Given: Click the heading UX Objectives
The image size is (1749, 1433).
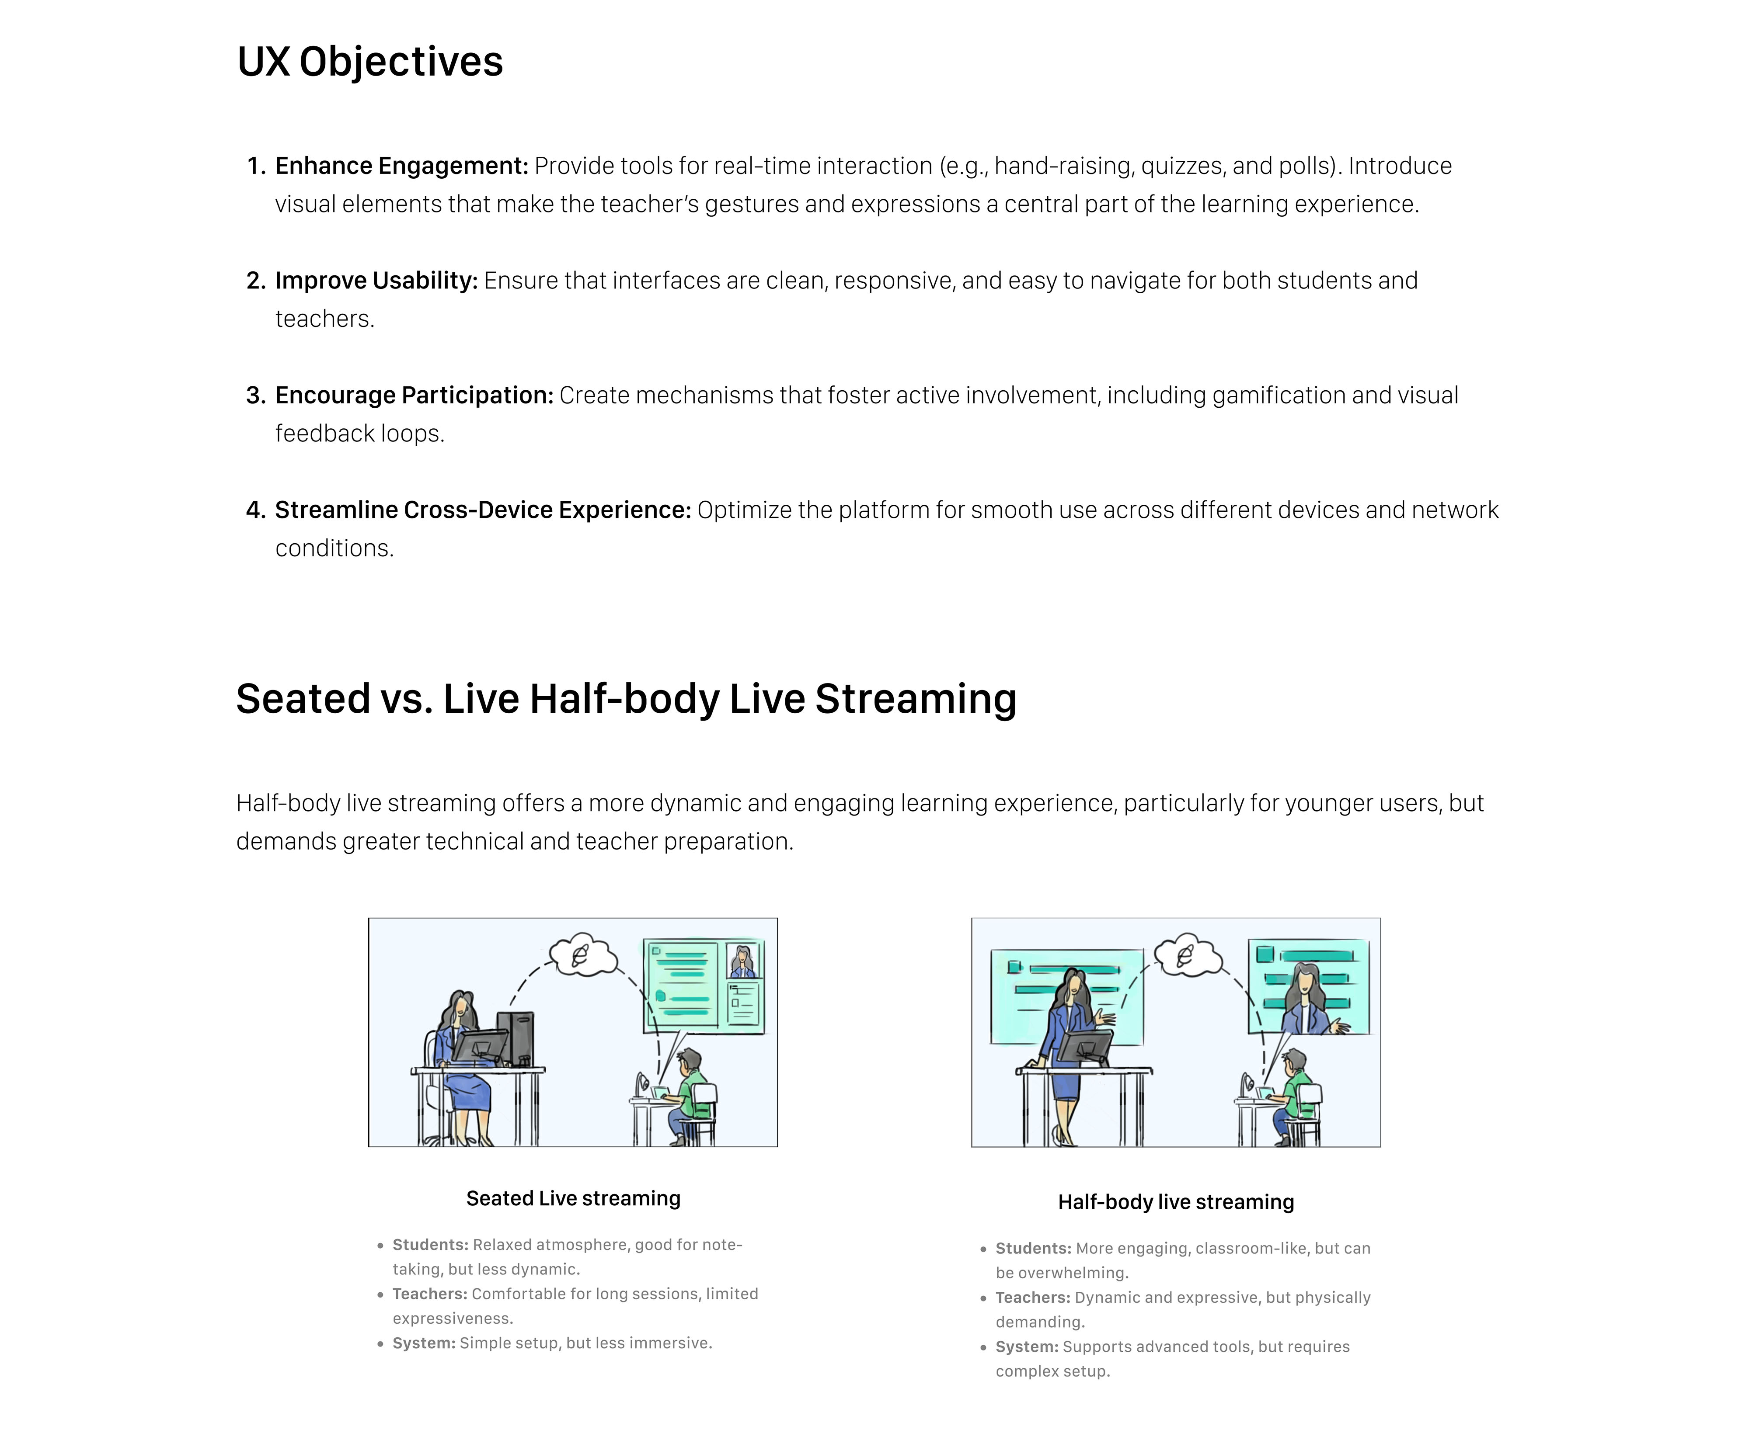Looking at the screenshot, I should [370, 62].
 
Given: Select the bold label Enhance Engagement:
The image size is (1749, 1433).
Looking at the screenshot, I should [401, 166].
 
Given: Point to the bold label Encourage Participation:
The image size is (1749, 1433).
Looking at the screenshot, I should [414, 396].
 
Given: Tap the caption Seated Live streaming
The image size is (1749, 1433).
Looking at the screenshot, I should [573, 1199].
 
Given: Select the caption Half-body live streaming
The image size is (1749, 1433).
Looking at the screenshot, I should [1176, 1202].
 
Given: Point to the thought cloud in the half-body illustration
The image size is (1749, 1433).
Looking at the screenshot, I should [1188, 956].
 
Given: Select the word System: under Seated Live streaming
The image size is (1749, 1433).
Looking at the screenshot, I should [424, 1343].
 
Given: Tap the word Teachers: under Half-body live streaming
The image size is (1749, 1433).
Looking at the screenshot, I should [1032, 1298].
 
